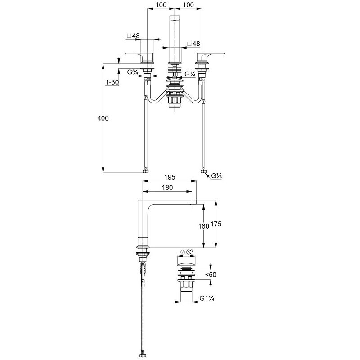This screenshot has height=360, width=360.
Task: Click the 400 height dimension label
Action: tap(103, 118)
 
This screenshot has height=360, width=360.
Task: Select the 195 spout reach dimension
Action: tap(170, 177)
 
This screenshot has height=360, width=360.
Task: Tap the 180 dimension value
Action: tap(167, 188)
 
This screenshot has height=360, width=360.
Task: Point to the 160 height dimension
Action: tap(204, 226)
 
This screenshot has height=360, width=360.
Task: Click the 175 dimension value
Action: tap(216, 224)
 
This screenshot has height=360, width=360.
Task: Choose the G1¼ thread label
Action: tap(207, 298)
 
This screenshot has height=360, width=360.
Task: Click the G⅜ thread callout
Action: tap(216, 176)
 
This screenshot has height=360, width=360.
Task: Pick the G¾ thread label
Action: tap(132, 72)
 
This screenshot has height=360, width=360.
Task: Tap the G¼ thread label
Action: tap(190, 74)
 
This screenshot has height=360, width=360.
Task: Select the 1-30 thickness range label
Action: tap(112, 82)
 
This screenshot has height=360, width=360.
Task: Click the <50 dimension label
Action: tap(211, 274)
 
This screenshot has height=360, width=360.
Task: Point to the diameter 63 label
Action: tap(187, 252)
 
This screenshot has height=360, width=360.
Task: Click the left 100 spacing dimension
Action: tap(161, 5)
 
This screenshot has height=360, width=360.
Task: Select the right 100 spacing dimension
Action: tap(189, 5)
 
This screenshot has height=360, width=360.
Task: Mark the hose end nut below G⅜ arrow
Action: tap(203, 171)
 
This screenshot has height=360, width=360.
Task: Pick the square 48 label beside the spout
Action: tap(193, 44)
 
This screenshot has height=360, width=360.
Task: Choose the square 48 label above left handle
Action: tap(133, 36)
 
